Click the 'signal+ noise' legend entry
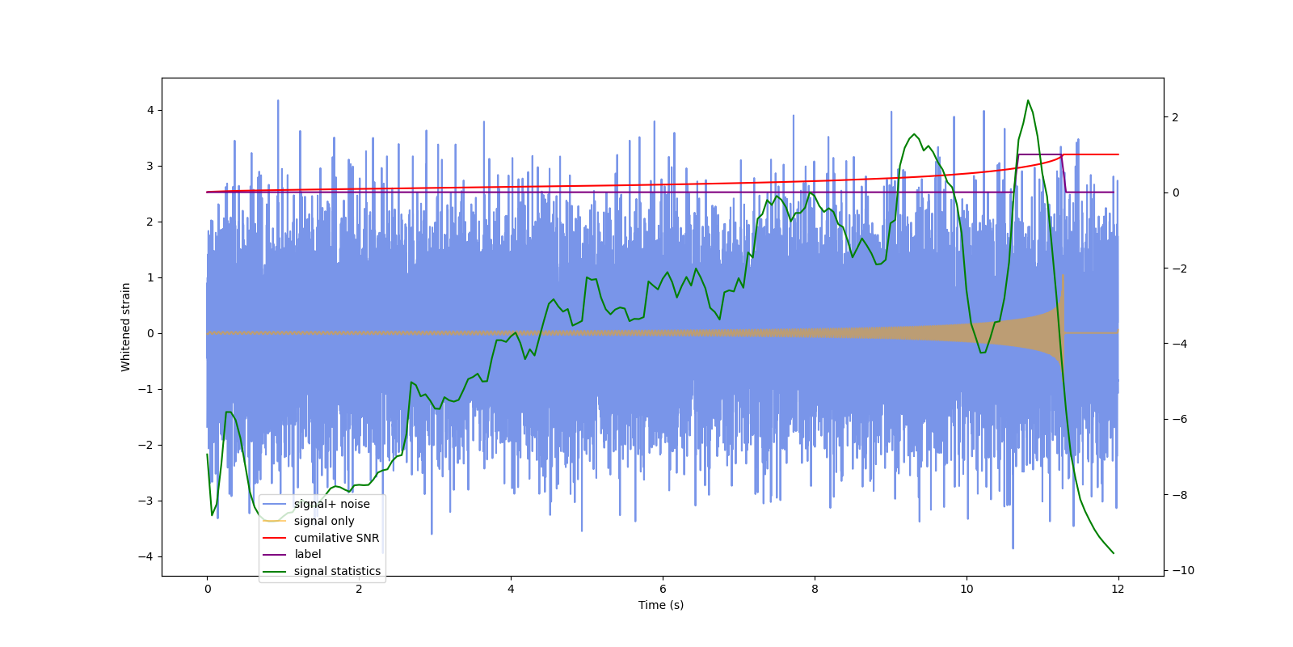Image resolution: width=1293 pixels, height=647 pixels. click(x=331, y=504)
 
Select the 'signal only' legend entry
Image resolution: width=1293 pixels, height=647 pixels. click(x=324, y=521)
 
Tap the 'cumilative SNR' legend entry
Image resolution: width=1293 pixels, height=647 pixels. click(x=336, y=538)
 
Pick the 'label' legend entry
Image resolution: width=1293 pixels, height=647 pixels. click(x=307, y=554)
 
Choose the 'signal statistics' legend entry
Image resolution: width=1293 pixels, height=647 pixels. click(x=337, y=571)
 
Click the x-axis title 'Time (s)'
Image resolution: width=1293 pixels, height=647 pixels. click(x=661, y=605)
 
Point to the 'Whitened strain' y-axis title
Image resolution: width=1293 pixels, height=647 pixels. click(x=126, y=327)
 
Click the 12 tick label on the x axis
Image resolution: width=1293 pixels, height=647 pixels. click(x=1118, y=589)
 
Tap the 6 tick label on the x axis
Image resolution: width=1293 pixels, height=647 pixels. click(x=663, y=589)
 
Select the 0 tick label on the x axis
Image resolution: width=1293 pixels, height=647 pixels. click(x=207, y=589)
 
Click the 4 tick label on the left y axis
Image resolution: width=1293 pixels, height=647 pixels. click(x=150, y=110)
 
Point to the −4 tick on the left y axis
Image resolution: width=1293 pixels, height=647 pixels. click(x=146, y=556)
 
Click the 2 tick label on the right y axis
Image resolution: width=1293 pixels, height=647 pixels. click(x=1176, y=117)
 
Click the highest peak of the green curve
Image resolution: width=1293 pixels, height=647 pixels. click(x=1028, y=101)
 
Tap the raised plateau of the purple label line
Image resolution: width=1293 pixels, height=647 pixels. click(x=1040, y=154)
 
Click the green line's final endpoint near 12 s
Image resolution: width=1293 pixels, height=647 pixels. click(x=1114, y=553)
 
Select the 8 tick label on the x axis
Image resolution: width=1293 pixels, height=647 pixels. click(x=815, y=589)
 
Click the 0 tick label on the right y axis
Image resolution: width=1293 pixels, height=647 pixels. click(x=1176, y=192)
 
